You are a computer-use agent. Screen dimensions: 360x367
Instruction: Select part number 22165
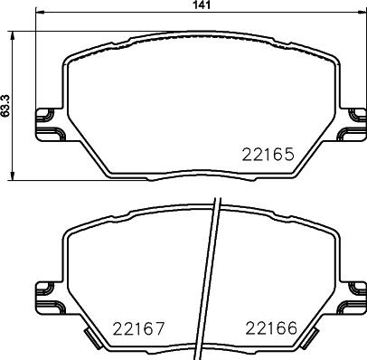pyautogui.click(x=267, y=155)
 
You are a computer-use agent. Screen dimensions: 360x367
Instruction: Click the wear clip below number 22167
pyautogui.click(x=94, y=342)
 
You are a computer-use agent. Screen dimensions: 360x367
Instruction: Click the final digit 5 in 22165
pyautogui.click(x=288, y=155)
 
